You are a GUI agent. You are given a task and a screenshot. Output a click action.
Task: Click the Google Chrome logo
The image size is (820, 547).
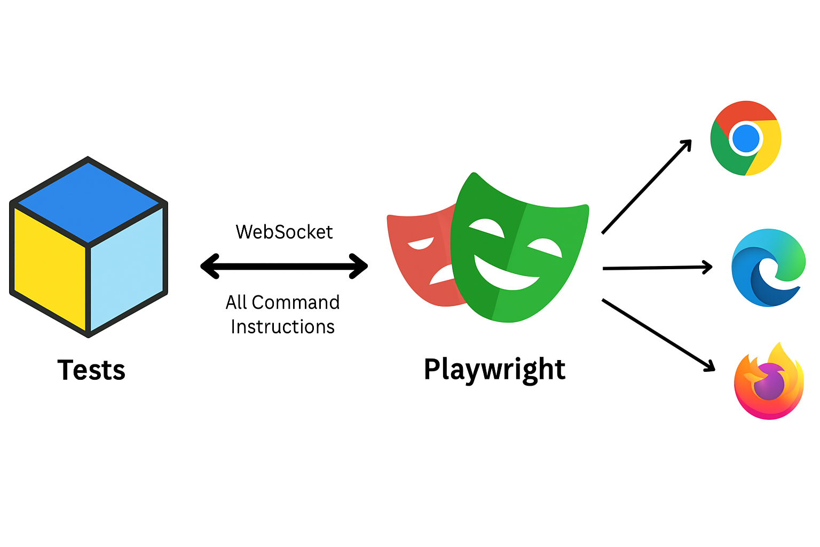[746, 138]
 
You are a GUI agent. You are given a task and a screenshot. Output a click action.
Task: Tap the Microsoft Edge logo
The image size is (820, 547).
[768, 268]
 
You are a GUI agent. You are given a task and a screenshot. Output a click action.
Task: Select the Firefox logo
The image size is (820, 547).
[769, 382]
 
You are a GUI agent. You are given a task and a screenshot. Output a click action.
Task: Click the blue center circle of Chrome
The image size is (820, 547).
[746, 138]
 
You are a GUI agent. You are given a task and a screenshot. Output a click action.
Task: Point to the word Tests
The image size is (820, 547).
[91, 370]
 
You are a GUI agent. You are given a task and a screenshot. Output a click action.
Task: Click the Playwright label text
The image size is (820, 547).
[494, 369]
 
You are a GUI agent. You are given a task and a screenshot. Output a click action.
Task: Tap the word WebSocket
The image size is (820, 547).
[284, 232]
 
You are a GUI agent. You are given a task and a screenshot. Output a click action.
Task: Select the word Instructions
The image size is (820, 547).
[282, 327]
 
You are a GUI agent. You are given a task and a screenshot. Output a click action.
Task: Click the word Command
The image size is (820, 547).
[295, 302]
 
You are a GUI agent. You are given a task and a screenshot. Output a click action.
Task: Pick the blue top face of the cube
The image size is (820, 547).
[89, 202]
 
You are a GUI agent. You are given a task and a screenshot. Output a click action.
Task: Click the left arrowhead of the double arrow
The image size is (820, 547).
[209, 266]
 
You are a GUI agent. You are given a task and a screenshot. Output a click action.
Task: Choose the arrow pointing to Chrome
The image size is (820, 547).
[646, 187]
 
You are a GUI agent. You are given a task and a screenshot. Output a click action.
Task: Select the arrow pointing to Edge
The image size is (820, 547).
[657, 268]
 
